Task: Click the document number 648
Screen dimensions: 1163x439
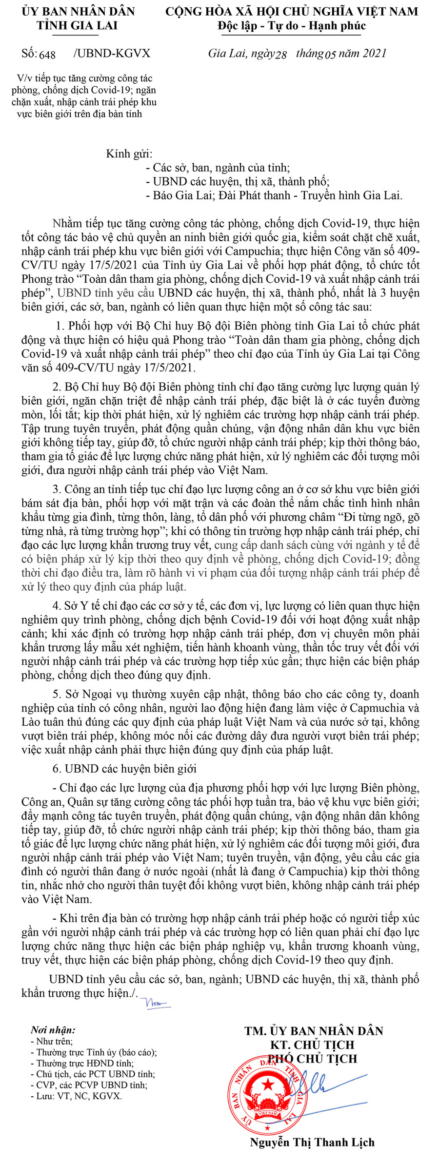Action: [47, 55]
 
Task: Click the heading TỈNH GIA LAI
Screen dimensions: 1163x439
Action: [78, 25]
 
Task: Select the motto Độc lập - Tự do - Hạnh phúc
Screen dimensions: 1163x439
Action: [292, 26]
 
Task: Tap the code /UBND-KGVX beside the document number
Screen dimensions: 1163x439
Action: [112, 54]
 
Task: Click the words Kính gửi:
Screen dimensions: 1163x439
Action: [129, 154]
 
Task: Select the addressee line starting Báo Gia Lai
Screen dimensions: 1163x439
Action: [274, 195]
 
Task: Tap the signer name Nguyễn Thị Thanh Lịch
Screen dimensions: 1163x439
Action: [312, 1142]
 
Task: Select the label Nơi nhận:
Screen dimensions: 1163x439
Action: [53, 1030]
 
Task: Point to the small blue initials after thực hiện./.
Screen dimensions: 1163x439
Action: [155, 1003]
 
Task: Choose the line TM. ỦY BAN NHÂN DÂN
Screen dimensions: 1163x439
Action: [314, 1031]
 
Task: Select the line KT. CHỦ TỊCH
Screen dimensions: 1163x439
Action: [312, 1045]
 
